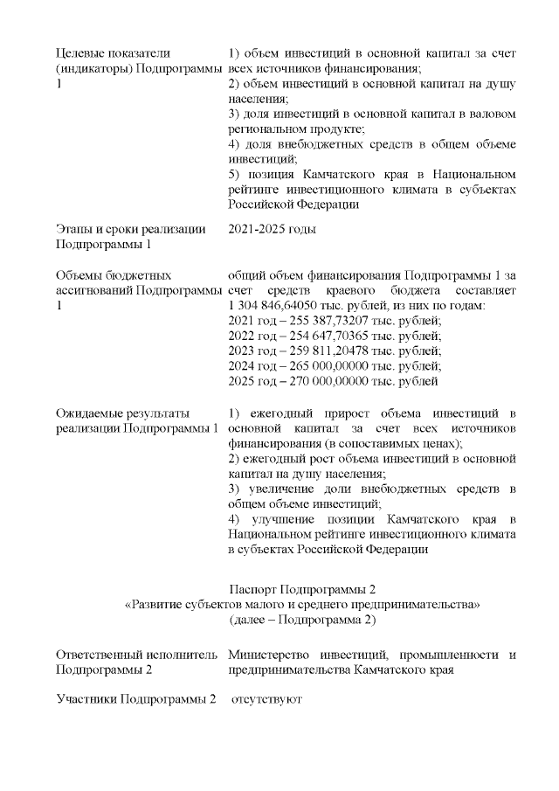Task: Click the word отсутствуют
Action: [266, 701]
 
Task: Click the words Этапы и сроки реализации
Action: [130, 229]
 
